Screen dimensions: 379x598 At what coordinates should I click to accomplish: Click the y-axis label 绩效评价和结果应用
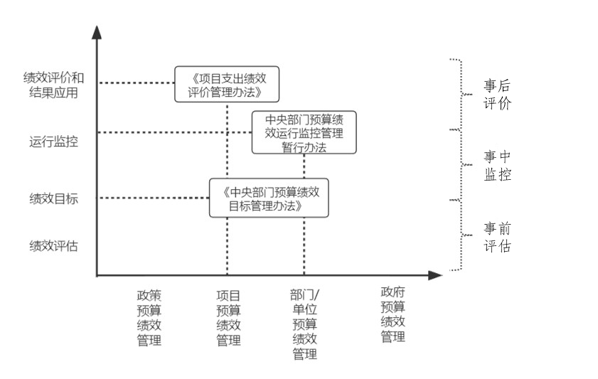(x=53, y=85)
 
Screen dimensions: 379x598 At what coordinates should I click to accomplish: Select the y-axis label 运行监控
(x=53, y=141)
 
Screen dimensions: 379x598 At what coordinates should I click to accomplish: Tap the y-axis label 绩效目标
(x=53, y=198)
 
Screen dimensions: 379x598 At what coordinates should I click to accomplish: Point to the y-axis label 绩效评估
(x=53, y=246)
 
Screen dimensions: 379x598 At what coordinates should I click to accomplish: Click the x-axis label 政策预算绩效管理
(x=149, y=317)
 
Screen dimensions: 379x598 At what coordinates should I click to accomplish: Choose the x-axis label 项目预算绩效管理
(x=228, y=317)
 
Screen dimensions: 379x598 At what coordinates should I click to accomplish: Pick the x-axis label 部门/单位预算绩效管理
(x=305, y=324)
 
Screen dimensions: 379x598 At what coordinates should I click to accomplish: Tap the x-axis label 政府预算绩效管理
(x=393, y=314)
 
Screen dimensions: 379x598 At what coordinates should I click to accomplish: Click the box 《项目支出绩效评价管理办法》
(x=226, y=84)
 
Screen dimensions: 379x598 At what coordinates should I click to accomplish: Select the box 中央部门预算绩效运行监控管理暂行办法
(x=304, y=132)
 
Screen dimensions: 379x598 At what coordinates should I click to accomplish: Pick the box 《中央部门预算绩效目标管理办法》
(x=269, y=198)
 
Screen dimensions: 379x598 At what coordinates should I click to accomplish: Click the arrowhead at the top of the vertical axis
(x=97, y=31)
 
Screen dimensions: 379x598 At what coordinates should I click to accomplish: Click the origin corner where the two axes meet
(x=97, y=274)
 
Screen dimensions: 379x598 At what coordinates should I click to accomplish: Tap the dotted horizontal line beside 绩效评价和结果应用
(x=135, y=83)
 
